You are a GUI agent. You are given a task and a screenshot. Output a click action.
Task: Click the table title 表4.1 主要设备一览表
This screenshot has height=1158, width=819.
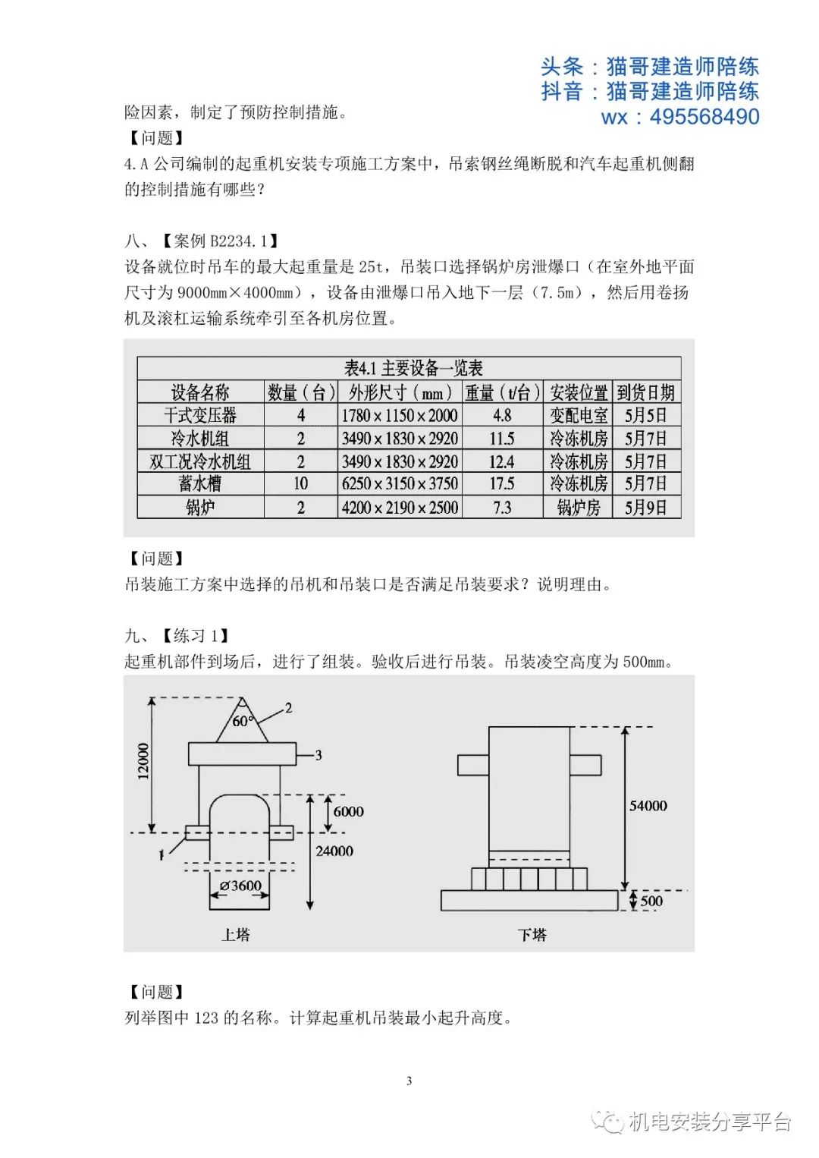coord(413,369)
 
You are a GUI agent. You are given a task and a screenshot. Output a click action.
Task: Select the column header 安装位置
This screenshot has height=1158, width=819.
coord(579,392)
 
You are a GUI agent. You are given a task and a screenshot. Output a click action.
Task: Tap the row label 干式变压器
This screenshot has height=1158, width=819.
coord(200,415)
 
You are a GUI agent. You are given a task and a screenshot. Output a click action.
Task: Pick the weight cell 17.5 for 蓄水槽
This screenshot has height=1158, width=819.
coord(502,484)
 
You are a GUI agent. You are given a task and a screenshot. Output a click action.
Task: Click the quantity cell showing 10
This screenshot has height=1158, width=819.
coord(301,484)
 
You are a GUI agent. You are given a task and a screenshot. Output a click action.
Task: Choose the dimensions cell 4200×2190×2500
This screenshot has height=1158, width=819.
coord(400,508)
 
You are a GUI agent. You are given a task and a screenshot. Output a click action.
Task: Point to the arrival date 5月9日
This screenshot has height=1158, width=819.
coord(646,508)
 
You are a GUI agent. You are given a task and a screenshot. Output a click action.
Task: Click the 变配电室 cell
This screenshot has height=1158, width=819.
coord(579,415)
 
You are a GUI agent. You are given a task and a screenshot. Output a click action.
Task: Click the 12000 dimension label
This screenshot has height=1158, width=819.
coord(143,761)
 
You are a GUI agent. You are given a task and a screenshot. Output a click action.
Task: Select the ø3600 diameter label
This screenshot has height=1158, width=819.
coord(240,886)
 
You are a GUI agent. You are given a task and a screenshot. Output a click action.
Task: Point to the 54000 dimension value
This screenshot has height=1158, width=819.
coord(648,806)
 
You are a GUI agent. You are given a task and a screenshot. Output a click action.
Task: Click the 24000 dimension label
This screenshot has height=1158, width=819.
coord(334,851)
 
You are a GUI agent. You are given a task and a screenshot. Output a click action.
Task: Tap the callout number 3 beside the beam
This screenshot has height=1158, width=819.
coord(318,755)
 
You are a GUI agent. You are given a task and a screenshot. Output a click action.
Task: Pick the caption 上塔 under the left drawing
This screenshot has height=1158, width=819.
coord(235,935)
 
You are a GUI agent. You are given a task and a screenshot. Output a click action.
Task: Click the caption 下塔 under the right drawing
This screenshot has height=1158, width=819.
coord(532,935)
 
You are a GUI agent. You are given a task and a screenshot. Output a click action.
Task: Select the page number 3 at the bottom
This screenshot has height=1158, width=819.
coord(409,1081)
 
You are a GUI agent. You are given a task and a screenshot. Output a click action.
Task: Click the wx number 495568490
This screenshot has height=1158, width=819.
coord(704,117)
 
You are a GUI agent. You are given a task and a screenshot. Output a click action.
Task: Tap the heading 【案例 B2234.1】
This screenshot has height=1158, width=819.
coord(220,241)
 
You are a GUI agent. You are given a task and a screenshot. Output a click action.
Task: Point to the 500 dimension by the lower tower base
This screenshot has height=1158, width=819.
coord(651,902)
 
